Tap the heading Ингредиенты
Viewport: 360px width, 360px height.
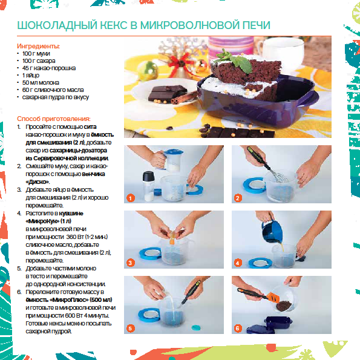[x=38, y=46]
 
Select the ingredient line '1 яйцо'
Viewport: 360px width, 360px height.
[x=31, y=75]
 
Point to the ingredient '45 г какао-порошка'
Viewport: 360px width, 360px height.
[x=48, y=68]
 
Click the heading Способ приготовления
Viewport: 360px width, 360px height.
[x=54, y=119]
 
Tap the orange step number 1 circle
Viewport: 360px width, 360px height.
[x=131, y=198]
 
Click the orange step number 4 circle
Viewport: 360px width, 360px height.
[x=238, y=263]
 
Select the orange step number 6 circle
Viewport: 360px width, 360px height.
[x=238, y=329]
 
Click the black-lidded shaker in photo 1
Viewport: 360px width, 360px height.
[x=148, y=186]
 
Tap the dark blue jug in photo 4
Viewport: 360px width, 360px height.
[x=272, y=231]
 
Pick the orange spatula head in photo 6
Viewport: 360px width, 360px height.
[x=273, y=297]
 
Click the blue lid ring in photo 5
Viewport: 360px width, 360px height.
[x=149, y=315]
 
